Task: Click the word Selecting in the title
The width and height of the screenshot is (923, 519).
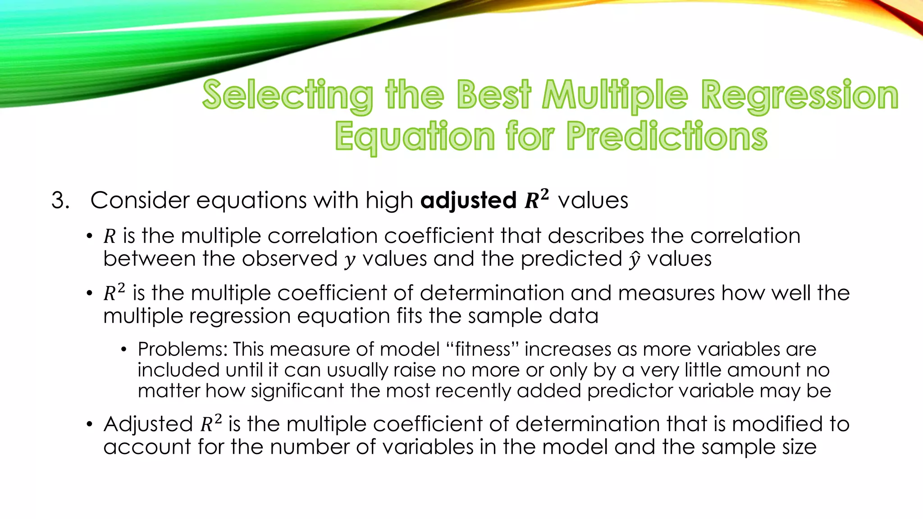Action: coord(288,96)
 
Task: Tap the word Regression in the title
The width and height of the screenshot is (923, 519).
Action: coord(800,96)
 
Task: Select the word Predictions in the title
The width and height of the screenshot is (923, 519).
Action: coord(667,137)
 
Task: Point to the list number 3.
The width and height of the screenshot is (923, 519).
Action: coord(60,200)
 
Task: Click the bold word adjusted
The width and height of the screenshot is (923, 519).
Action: coord(468,200)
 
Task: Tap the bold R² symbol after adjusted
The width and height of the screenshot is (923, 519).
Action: coord(537,200)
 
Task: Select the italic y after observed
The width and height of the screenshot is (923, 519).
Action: coord(350,260)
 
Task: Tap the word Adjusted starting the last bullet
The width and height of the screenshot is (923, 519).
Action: coord(148,424)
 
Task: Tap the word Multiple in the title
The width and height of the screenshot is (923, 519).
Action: coord(615,96)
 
